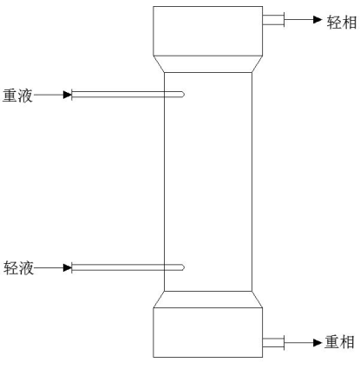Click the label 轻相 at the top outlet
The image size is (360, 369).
(x=342, y=23)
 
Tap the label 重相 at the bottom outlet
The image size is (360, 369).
(x=339, y=342)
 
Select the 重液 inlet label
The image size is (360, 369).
(x=17, y=96)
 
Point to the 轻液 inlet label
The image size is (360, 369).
(x=18, y=267)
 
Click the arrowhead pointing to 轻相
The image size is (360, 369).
(x=317, y=19)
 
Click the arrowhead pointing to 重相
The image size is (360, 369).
(x=317, y=343)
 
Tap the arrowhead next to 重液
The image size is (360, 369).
(x=68, y=95)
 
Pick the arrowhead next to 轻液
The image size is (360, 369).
(x=68, y=267)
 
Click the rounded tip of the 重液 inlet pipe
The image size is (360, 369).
(x=183, y=95)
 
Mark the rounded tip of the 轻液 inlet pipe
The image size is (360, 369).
(x=183, y=267)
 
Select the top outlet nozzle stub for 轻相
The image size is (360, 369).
(x=273, y=20)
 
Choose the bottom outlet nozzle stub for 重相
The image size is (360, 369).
(x=273, y=342)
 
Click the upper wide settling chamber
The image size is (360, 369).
(x=208, y=31)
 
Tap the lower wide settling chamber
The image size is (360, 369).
(x=208, y=333)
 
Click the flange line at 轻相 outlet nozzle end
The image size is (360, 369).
(x=285, y=20)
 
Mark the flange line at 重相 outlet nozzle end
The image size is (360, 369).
(x=285, y=342)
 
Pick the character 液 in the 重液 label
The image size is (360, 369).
(x=25, y=96)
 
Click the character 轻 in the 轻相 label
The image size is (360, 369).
(x=334, y=23)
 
